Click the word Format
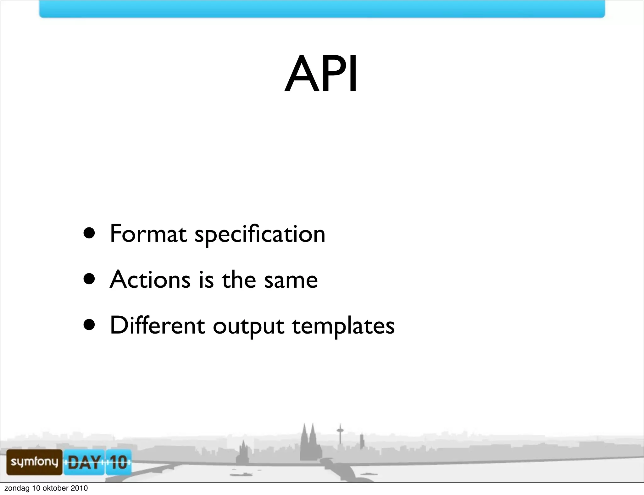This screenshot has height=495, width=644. (x=148, y=234)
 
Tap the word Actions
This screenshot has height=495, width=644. (x=150, y=280)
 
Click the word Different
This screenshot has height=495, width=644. (x=157, y=325)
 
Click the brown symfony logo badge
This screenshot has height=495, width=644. (x=34, y=462)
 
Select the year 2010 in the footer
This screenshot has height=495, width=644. (x=79, y=488)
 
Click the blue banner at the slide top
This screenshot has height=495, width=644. (x=322, y=8)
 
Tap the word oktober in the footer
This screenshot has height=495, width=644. (x=55, y=488)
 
